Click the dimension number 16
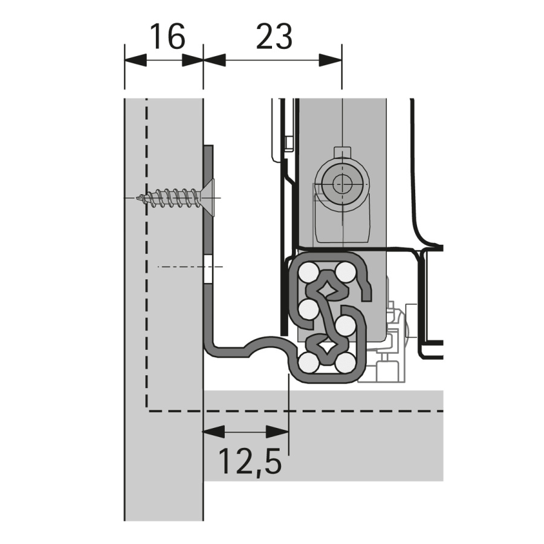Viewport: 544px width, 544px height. tap(166, 37)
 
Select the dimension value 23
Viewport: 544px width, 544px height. tap(274, 37)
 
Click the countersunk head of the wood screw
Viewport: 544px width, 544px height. tap(207, 198)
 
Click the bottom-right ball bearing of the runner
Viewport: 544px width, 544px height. tap(346, 363)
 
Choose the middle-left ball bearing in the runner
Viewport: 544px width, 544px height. tap(307, 310)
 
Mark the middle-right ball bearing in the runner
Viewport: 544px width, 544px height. tap(345, 326)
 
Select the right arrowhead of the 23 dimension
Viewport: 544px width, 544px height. tap(331, 60)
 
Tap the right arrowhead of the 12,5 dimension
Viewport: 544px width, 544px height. tap(277, 432)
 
